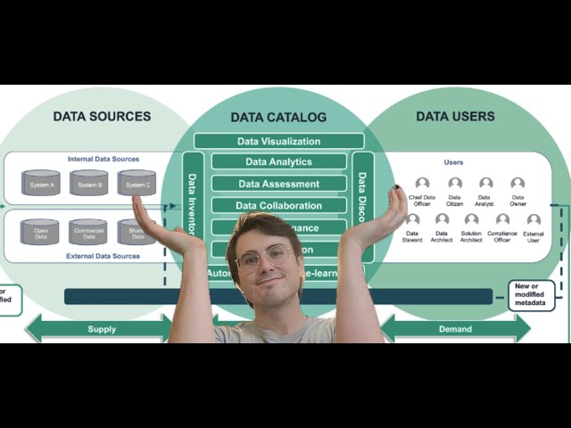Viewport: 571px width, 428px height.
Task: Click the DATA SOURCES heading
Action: coord(102,116)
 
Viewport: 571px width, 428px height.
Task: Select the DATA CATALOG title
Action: coord(278,117)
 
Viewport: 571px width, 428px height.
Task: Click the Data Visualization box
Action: coord(278,141)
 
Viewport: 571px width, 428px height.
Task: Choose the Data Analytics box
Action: coord(278,161)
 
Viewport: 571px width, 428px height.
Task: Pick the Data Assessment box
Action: coord(278,184)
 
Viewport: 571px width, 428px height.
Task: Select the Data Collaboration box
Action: coord(278,205)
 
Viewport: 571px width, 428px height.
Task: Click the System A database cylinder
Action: coord(41,183)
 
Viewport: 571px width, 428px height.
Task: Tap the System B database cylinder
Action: coord(89,183)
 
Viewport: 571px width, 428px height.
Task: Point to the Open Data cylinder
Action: coord(41,232)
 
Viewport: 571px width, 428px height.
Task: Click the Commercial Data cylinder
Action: coord(88,232)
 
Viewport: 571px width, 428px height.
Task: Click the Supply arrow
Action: coord(101,329)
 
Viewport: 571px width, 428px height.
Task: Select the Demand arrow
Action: coord(455,329)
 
